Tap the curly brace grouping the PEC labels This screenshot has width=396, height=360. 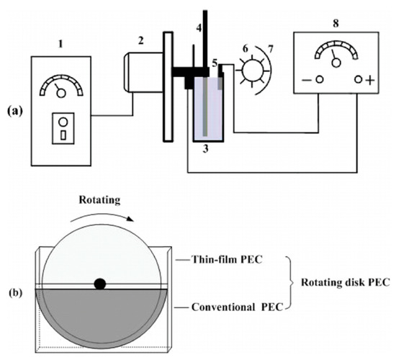click(x=294, y=283)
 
